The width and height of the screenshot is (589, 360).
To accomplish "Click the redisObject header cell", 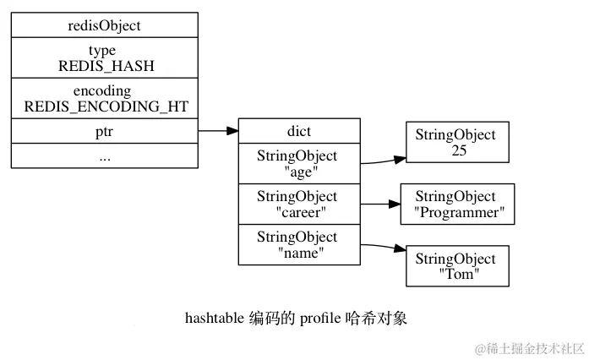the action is pyautogui.click(x=105, y=25).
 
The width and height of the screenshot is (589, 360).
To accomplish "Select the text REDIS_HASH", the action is pyautogui.click(x=106, y=66).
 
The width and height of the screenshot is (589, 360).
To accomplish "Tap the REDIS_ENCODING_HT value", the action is pyautogui.click(x=106, y=106).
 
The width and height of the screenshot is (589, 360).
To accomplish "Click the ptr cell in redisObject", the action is pyautogui.click(x=105, y=131).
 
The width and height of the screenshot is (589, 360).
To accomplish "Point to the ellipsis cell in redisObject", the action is pyautogui.click(x=105, y=155).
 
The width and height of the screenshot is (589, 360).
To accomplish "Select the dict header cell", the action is pyautogui.click(x=299, y=131).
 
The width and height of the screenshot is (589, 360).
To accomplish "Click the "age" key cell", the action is pyautogui.click(x=299, y=163).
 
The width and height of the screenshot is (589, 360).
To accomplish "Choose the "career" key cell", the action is pyautogui.click(x=299, y=204).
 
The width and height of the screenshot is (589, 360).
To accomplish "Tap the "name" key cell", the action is pyautogui.click(x=299, y=244).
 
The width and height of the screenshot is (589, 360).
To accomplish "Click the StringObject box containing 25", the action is pyautogui.click(x=457, y=142).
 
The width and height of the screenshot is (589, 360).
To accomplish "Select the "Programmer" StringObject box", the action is pyautogui.click(x=457, y=204).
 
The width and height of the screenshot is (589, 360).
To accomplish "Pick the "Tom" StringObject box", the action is pyautogui.click(x=457, y=266).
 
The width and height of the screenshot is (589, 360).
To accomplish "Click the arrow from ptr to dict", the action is pyautogui.click(x=218, y=131).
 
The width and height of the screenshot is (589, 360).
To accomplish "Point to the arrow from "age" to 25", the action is pyautogui.click(x=383, y=161).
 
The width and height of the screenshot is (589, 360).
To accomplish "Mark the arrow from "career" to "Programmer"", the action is pyautogui.click(x=380, y=204).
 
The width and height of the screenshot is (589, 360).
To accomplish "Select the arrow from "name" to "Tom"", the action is pyautogui.click(x=383, y=247).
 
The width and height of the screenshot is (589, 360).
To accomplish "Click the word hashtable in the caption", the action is pyautogui.click(x=215, y=319).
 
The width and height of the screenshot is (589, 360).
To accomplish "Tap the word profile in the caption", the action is pyautogui.click(x=320, y=319).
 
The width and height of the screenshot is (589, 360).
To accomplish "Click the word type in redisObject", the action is pyautogui.click(x=102, y=51).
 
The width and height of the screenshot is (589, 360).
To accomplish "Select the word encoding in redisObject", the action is pyautogui.click(x=102, y=91).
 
